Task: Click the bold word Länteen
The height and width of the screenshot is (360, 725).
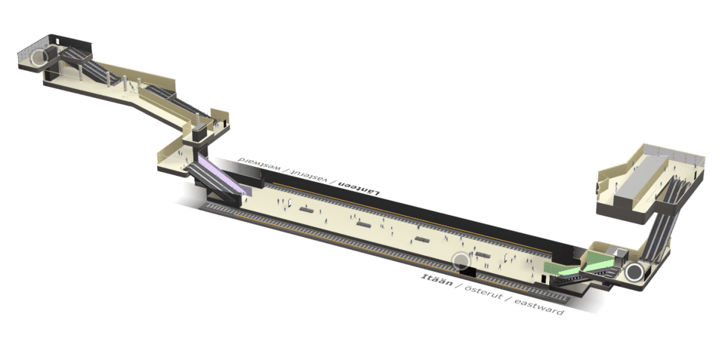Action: (359, 187)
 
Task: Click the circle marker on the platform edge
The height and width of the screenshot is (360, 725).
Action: (461, 260)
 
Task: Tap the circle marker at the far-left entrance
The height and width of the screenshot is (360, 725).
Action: (40, 57)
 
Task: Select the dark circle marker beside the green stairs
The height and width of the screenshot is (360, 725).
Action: (633, 272)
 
